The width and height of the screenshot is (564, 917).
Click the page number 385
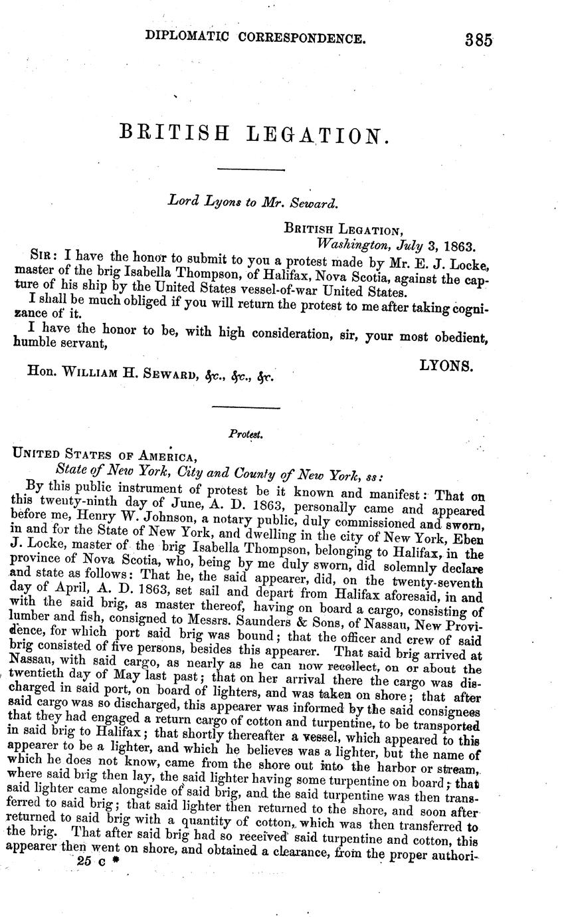click(478, 39)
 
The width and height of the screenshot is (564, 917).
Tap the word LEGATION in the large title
click(316, 136)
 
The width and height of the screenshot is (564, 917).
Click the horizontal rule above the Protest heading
click(245, 407)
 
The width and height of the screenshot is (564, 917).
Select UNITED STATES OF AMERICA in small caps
click(103, 456)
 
